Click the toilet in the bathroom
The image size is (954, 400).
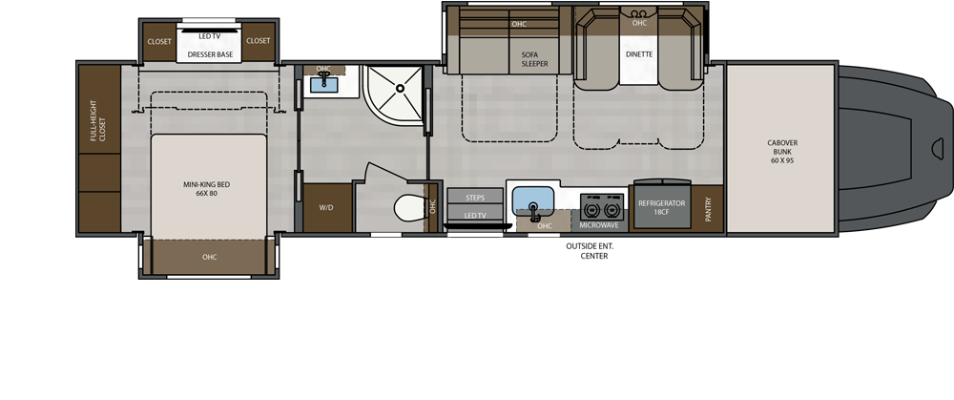click(x=410, y=207)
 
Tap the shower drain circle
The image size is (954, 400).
click(x=400, y=88)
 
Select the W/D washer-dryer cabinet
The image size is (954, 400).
click(x=326, y=207)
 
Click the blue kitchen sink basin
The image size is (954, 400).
click(x=533, y=200)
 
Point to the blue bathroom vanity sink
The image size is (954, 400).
click(x=324, y=84)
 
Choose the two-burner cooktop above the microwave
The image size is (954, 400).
click(x=602, y=207)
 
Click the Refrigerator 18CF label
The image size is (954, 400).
click(x=661, y=207)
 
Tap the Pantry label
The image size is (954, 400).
click(x=708, y=209)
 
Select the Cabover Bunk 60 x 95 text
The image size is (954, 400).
click(x=782, y=152)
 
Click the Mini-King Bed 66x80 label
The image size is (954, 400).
click(x=207, y=189)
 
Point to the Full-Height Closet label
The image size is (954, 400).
click(x=98, y=120)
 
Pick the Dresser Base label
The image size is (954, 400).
click(x=210, y=54)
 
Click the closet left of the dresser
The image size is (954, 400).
click(x=159, y=41)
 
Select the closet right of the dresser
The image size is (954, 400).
click(x=258, y=41)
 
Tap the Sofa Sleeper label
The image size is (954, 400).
click(x=534, y=59)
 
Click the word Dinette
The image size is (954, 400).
click(x=639, y=54)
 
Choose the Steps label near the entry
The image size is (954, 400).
click(x=475, y=198)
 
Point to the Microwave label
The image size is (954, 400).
click(x=599, y=225)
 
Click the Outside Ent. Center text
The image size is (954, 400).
click(x=590, y=251)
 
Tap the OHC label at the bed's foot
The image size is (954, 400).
click(x=209, y=257)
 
